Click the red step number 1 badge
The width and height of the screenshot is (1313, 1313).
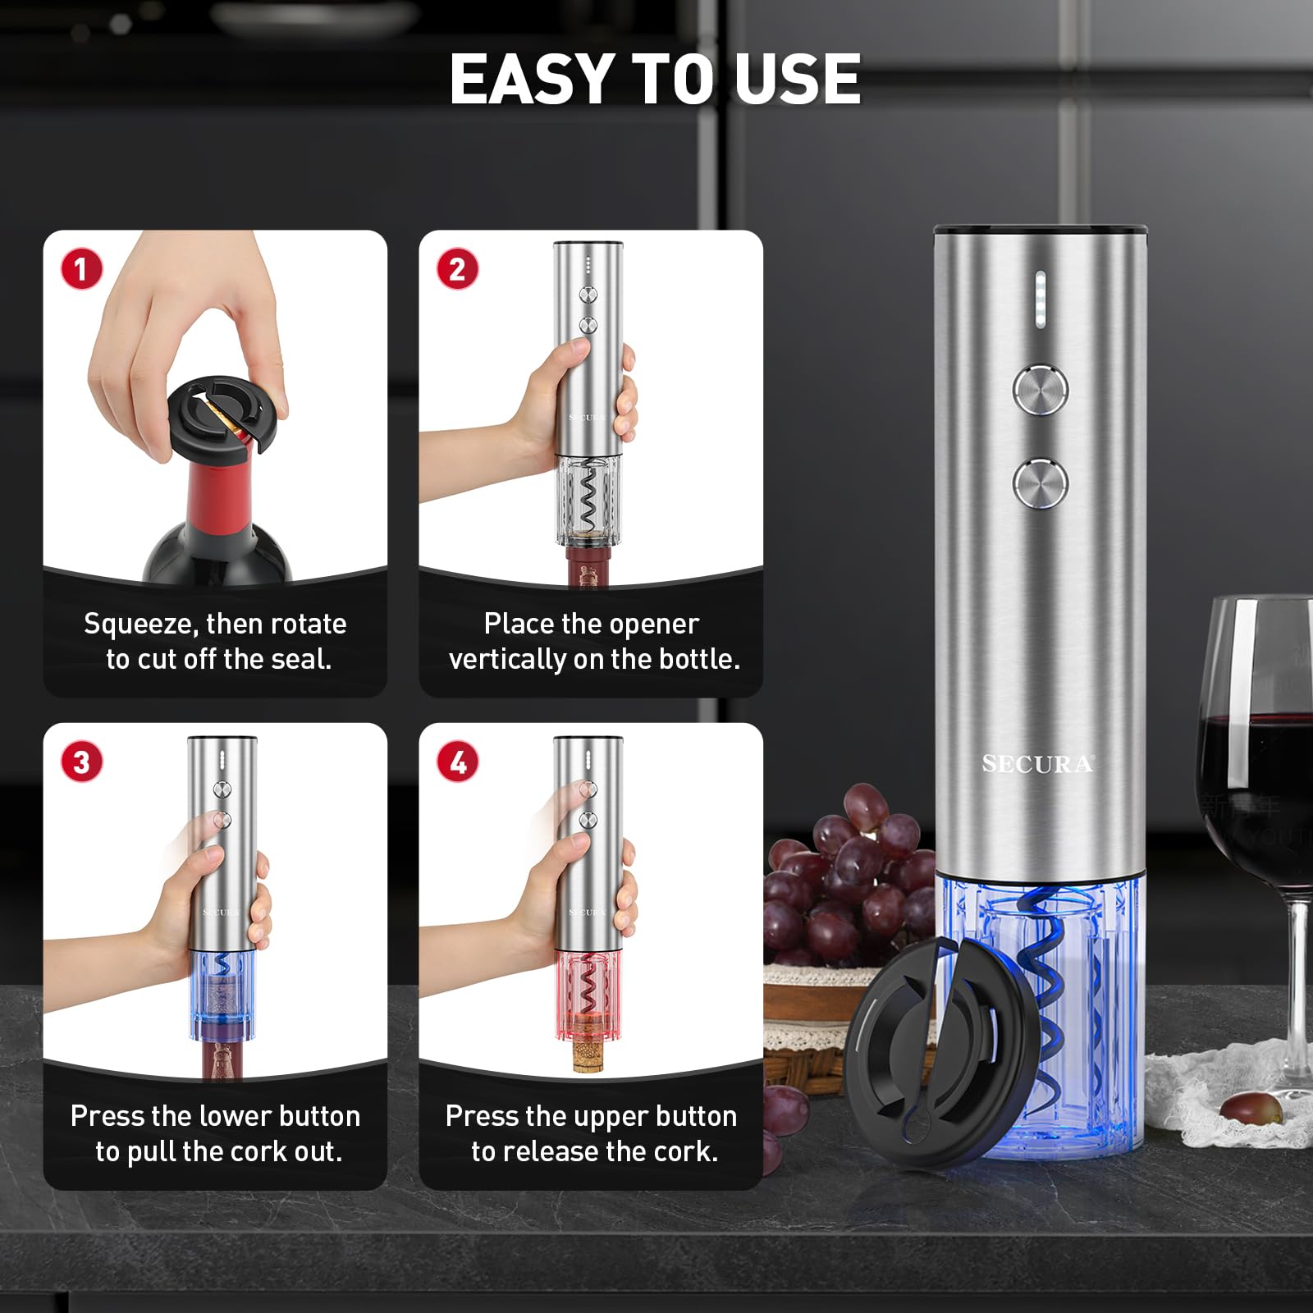(x=81, y=270)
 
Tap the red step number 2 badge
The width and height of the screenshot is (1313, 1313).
(x=457, y=270)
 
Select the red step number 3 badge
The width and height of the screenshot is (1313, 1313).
(x=81, y=762)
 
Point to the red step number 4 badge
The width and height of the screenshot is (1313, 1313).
(x=457, y=762)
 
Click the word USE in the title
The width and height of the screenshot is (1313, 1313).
(x=797, y=80)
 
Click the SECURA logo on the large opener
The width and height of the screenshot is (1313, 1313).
(x=1037, y=765)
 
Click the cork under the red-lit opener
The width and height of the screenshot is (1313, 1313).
(x=589, y=1051)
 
